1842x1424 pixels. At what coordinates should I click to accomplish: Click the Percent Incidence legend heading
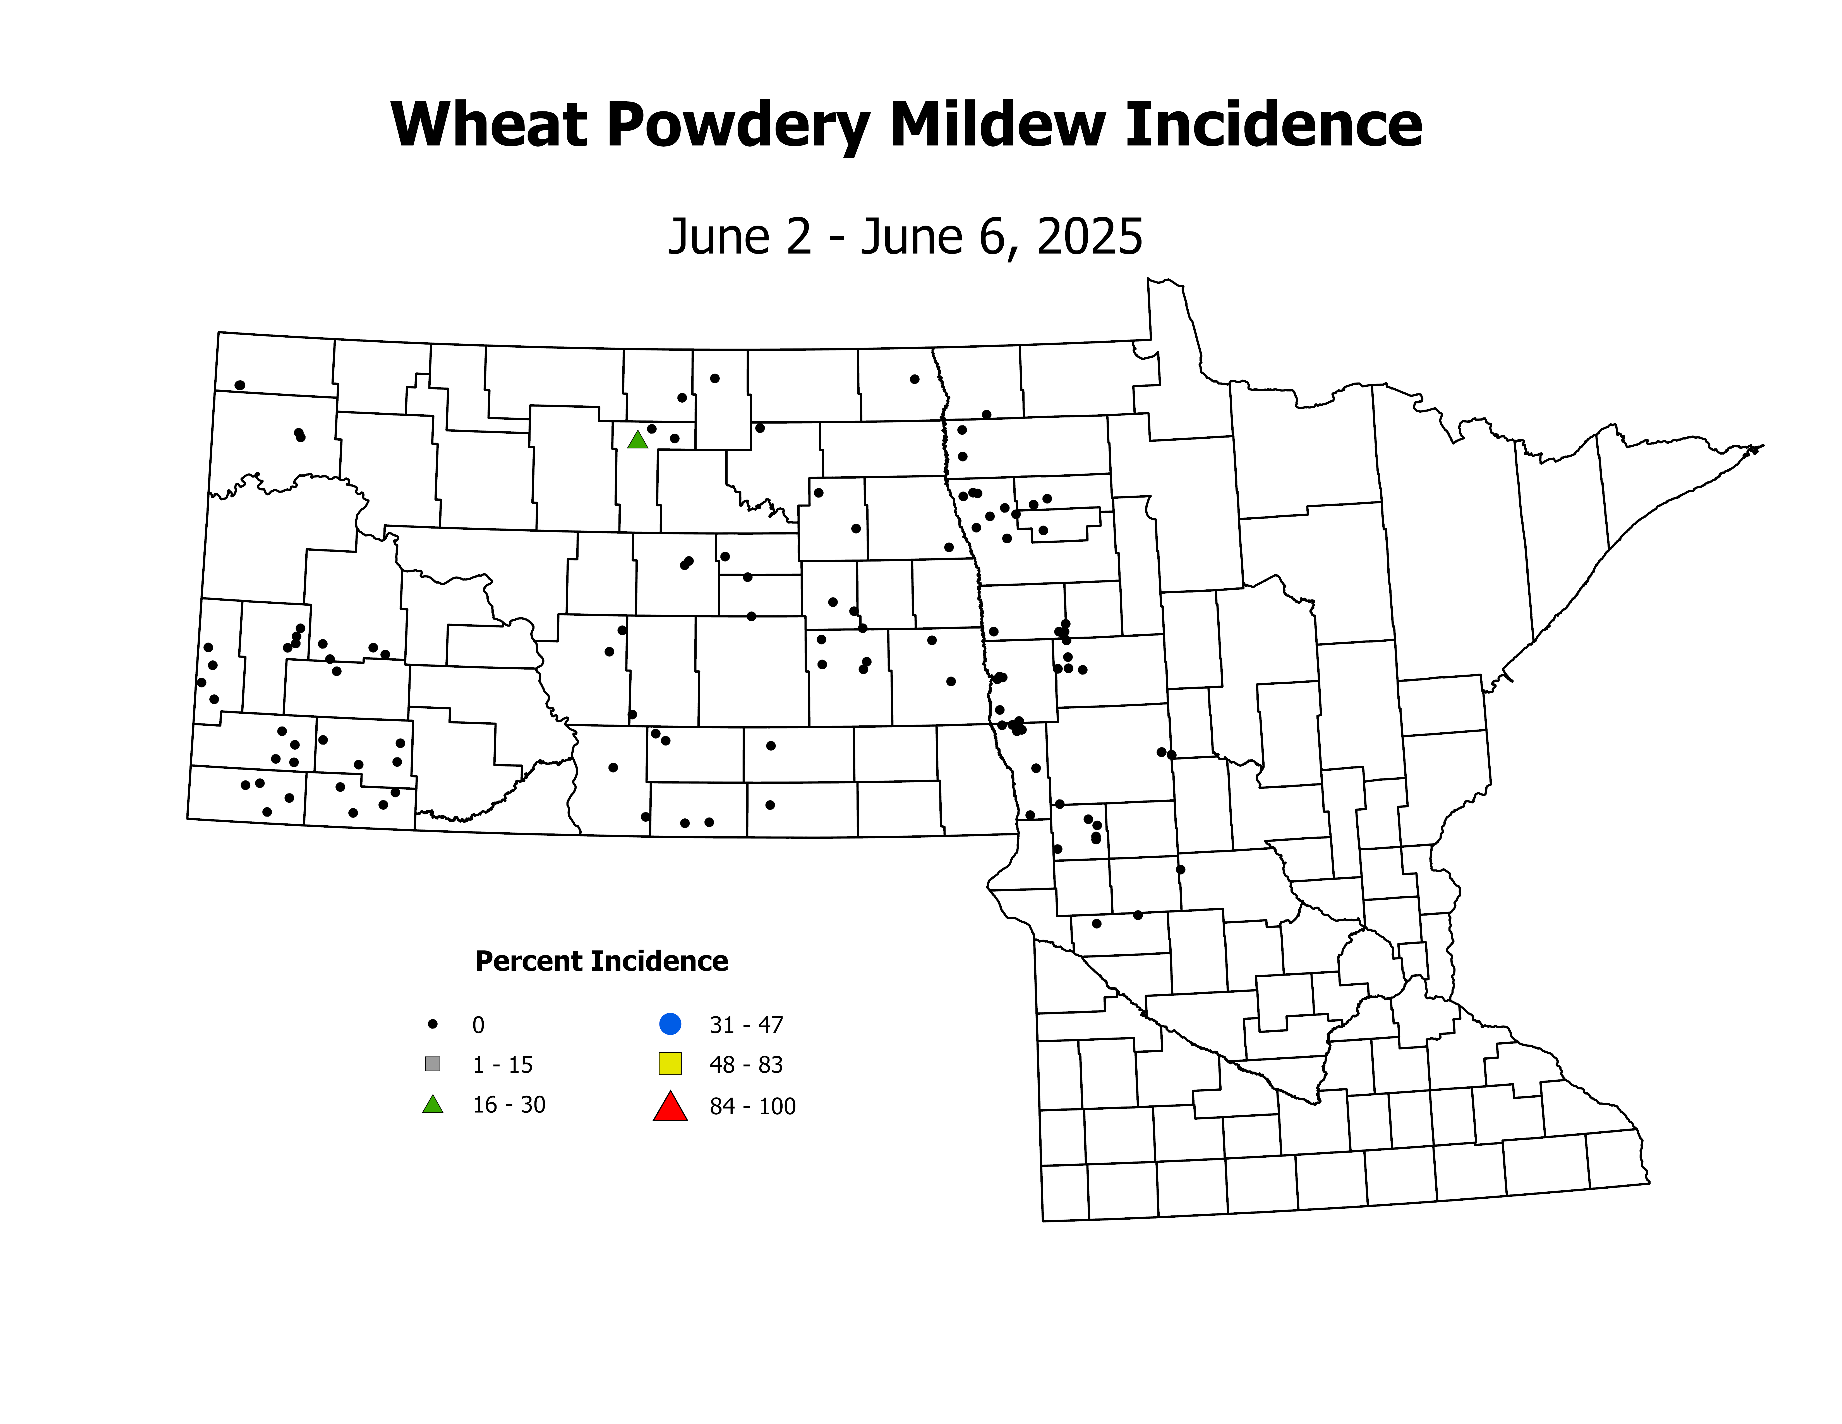[601, 961]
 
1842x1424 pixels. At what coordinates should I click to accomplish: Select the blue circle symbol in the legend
[670, 1024]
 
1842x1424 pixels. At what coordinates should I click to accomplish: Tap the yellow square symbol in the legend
[670, 1064]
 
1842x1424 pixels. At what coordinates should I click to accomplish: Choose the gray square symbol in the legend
[433, 1064]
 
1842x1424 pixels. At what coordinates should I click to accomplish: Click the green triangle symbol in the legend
[433, 1104]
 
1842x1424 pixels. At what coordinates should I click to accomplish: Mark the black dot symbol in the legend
[433, 1024]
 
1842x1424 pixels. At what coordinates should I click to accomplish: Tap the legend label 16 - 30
[509, 1105]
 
